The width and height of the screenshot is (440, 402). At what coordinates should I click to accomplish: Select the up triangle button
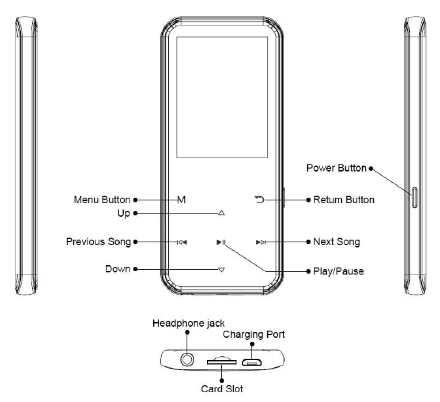click(x=221, y=213)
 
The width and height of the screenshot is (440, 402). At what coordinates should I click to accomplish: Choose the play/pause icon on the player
click(x=221, y=242)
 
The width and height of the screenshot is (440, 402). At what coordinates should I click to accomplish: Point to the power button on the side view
click(x=414, y=196)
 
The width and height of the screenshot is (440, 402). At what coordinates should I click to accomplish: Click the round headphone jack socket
click(x=189, y=359)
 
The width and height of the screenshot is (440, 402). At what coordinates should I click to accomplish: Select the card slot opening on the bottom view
click(x=221, y=361)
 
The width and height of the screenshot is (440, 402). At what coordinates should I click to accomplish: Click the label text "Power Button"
click(x=337, y=168)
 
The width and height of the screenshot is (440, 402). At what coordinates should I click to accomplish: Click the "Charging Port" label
click(x=254, y=335)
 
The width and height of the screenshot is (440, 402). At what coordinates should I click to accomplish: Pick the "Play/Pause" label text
click(x=339, y=270)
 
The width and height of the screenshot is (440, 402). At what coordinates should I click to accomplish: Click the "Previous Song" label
click(x=98, y=242)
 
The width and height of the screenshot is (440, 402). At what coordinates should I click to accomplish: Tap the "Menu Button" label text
click(x=101, y=200)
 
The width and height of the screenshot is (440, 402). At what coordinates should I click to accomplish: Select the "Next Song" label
click(x=337, y=242)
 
